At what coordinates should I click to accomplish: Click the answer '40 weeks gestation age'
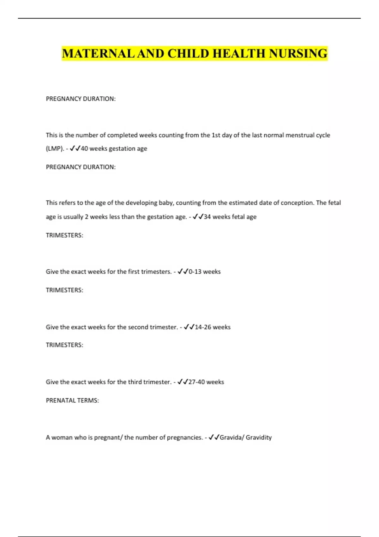click(x=114, y=148)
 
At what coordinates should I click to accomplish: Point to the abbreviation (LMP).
click(x=55, y=148)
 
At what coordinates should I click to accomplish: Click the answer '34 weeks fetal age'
click(x=230, y=217)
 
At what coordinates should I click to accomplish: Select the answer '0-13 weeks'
click(x=205, y=272)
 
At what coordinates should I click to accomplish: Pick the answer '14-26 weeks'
click(x=213, y=327)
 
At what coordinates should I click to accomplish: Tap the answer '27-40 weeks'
click(x=206, y=382)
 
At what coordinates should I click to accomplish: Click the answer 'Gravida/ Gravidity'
click(x=246, y=437)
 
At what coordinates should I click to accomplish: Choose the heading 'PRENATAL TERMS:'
click(x=72, y=401)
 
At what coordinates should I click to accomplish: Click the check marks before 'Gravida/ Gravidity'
click(x=214, y=437)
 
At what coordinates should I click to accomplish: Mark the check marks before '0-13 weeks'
click(x=183, y=272)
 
